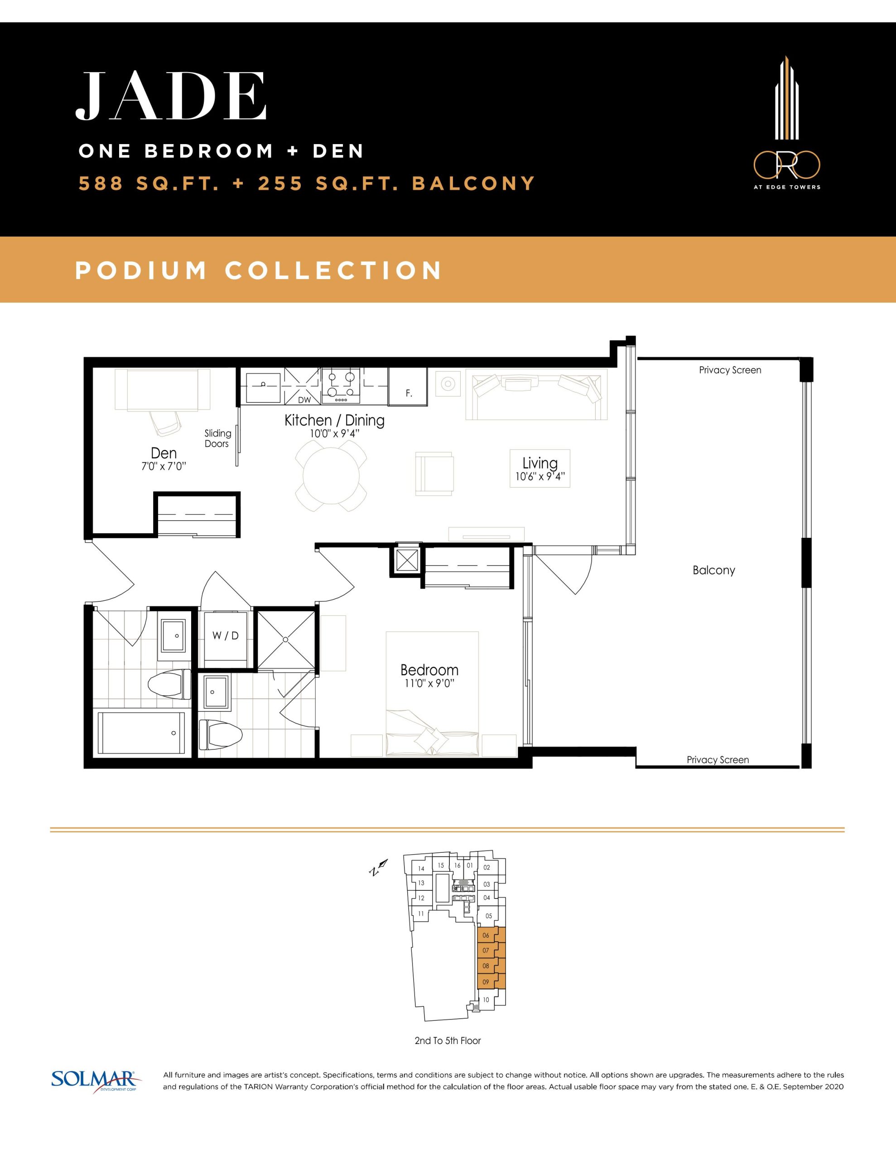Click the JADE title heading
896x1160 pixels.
[171, 96]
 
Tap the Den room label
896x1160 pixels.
[164, 453]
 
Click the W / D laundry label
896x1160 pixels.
[225, 635]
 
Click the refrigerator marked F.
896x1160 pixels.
[408, 386]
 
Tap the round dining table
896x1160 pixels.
[331, 476]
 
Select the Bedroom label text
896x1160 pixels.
[429, 670]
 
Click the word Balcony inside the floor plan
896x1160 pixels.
[714, 570]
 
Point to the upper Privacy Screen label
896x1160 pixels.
[730, 370]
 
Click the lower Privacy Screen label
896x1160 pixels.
[718, 759]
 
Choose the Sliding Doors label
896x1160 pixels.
[218, 439]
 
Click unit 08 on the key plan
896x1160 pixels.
[486, 966]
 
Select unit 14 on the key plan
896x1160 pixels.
[421, 869]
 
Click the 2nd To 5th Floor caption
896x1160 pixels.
[448, 1040]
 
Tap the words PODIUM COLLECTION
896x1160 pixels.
[259, 271]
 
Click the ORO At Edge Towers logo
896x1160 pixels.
[786, 123]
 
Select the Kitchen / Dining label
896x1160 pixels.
[335, 420]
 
